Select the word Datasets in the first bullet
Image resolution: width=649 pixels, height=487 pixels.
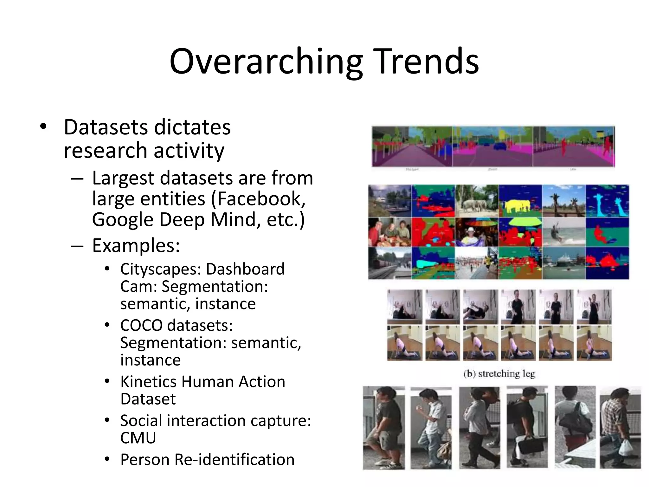(x=106, y=127)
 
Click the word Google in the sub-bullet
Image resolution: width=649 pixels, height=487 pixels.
(x=122, y=220)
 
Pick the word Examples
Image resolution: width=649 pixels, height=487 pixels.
(x=136, y=245)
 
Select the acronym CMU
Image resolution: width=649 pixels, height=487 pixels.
(x=138, y=438)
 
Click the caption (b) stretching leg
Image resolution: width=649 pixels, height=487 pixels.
(x=499, y=374)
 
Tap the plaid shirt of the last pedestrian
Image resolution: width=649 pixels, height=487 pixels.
(x=610, y=412)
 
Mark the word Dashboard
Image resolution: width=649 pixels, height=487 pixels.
(x=245, y=269)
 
